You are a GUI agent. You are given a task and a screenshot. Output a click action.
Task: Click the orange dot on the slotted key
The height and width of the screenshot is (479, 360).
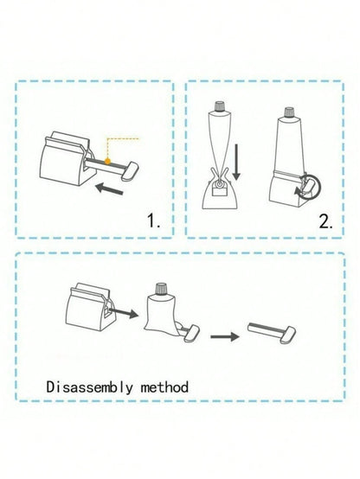[107, 161]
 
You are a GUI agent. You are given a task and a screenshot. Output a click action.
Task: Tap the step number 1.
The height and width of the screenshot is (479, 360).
[153, 220]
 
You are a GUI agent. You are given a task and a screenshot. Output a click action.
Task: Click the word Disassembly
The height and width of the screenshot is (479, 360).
[90, 387]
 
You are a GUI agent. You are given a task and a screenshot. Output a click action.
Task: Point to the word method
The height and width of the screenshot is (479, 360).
[164, 387]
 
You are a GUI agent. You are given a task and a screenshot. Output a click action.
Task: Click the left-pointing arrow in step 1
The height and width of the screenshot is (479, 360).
[109, 188]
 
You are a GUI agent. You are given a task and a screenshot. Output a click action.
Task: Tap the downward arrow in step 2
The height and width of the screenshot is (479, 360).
[236, 163]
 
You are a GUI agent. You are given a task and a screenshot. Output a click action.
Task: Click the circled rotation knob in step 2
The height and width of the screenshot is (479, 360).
[311, 186]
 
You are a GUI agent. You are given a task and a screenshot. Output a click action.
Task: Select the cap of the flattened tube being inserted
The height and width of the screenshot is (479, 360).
[219, 106]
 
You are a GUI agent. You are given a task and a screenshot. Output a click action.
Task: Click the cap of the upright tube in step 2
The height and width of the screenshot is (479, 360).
[289, 112]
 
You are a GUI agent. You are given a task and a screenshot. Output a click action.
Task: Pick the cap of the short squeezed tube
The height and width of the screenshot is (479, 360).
[161, 289]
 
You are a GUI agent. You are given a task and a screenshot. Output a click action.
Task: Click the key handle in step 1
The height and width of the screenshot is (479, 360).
[130, 170]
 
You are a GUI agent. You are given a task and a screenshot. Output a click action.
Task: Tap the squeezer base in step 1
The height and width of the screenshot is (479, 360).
[67, 159]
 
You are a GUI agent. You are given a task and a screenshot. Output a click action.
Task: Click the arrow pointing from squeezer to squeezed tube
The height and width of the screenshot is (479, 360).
[124, 312]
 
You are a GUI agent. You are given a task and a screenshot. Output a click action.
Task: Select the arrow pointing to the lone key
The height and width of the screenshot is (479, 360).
[225, 336]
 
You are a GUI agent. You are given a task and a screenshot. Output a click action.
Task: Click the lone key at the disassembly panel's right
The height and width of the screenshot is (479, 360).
[272, 332]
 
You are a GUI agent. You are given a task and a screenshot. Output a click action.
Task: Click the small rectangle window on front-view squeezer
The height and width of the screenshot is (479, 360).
[219, 192]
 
